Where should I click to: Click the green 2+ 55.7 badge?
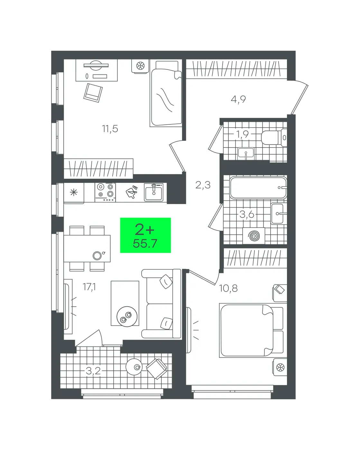click(x=145, y=235)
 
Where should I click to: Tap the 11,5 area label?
click(x=110, y=129)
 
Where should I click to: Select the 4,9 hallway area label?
click(x=238, y=100)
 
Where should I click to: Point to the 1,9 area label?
click(x=242, y=134)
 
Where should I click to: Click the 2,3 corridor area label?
click(x=203, y=185)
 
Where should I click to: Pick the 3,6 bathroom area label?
click(x=247, y=214)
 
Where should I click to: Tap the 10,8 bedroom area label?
click(x=228, y=288)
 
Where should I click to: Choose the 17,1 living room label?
click(x=89, y=287)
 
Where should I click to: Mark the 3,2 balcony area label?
click(x=93, y=371)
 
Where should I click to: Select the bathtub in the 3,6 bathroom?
click(x=258, y=188)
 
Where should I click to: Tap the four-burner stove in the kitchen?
click(x=105, y=193)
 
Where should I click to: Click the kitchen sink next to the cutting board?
click(x=154, y=193)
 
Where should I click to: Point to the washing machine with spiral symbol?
click(x=254, y=236)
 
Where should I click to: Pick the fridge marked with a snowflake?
click(x=74, y=193)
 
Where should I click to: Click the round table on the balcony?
click(x=134, y=367)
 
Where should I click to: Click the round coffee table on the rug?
click(x=127, y=317)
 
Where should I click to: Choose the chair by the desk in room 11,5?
click(x=93, y=93)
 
